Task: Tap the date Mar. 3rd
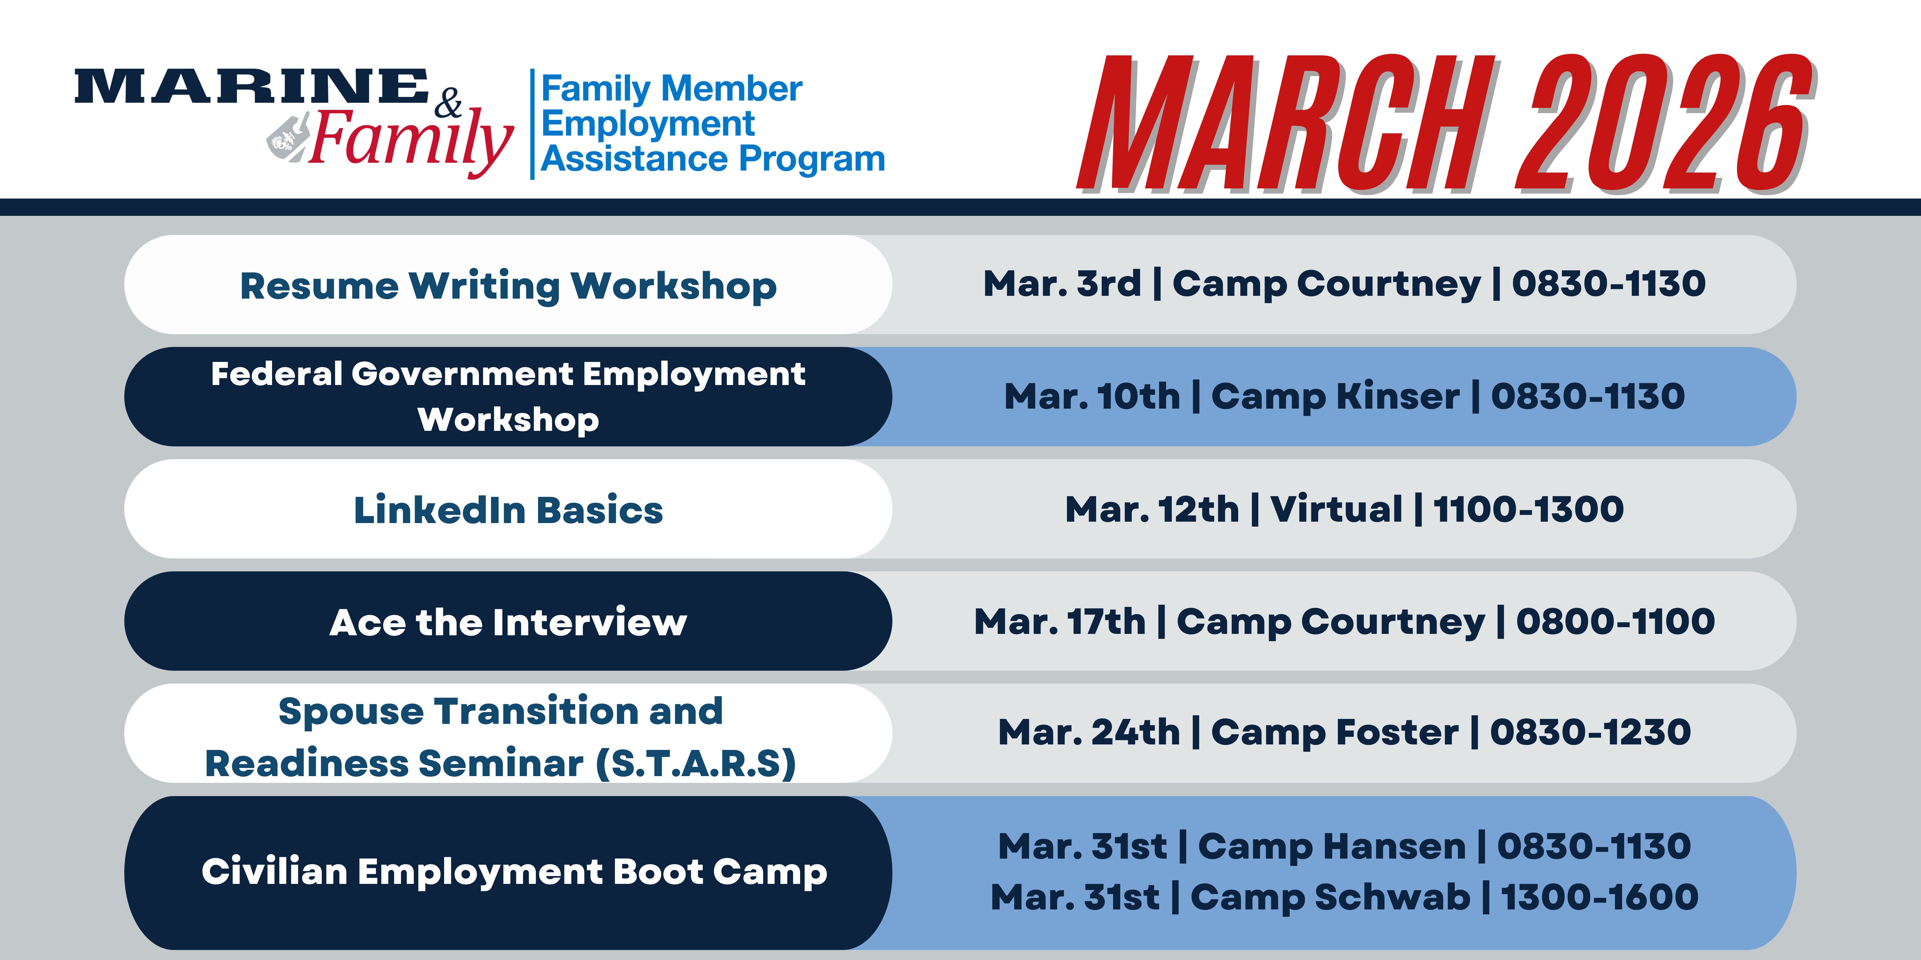pyautogui.click(x=1062, y=283)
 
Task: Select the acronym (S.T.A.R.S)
pyautogui.click(x=696, y=764)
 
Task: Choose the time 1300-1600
pyautogui.click(x=1600, y=897)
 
